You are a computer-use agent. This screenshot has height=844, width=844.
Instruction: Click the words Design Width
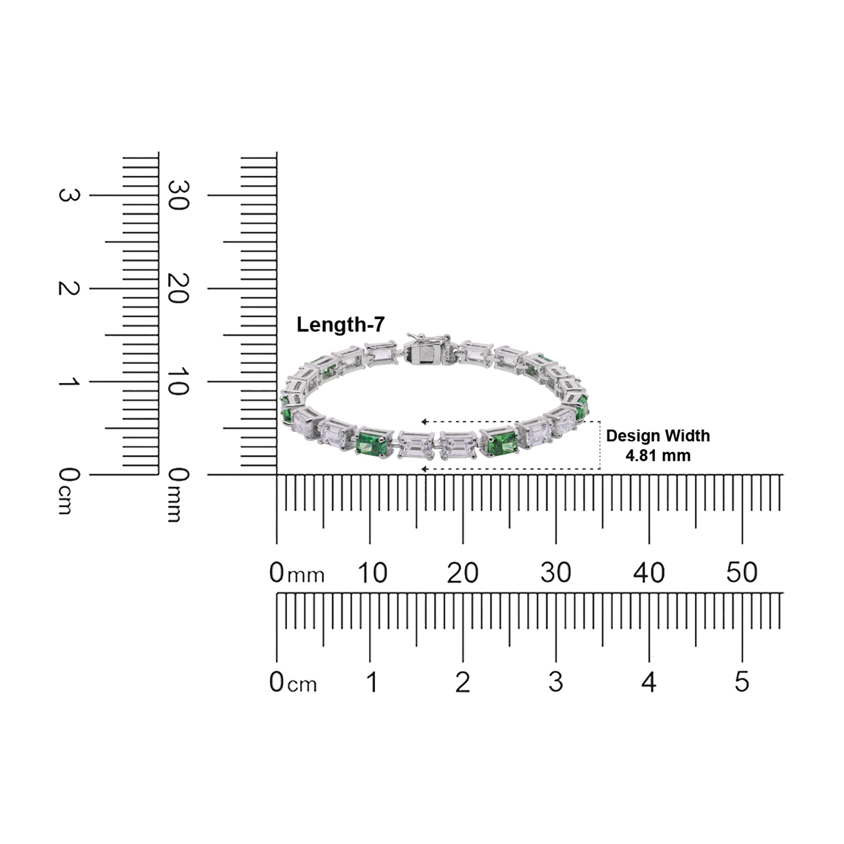[658, 436]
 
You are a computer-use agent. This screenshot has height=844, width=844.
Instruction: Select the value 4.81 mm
[658, 456]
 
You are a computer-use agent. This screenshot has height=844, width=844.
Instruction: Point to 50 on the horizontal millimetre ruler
[742, 572]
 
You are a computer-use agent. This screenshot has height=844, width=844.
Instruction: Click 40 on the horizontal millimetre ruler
[649, 572]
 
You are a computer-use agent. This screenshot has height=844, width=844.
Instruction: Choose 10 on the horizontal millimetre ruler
[372, 572]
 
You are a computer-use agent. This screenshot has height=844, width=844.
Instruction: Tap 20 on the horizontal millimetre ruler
[463, 572]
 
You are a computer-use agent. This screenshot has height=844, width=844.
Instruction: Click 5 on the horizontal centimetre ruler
[742, 682]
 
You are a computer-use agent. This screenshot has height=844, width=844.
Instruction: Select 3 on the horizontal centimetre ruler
[556, 682]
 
